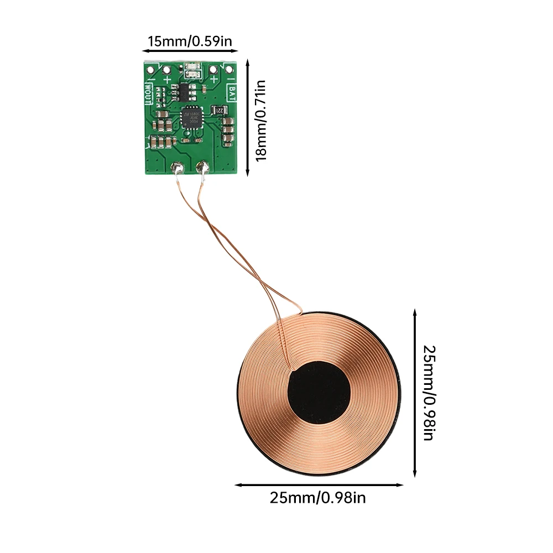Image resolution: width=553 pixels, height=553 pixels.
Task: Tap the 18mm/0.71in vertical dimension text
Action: tap(261, 120)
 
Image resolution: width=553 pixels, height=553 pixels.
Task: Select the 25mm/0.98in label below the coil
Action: tap(318, 498)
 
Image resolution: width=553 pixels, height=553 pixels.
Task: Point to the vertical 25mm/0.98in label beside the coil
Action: tap(429, 393)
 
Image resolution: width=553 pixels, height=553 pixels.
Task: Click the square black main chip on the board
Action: tap(191, 116)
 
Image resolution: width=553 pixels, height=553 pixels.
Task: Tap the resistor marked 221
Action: tap(220, 110)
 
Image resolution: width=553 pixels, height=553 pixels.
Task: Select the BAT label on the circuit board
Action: tap(233, 92)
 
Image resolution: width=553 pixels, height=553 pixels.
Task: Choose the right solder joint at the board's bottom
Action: tap(202, 166)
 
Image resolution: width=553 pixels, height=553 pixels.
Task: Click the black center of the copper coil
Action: tap(320, 393)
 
